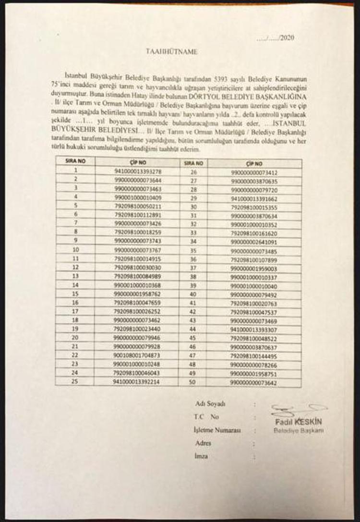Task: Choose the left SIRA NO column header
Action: [x=75, y=162]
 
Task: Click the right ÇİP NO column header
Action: [x=254, y=163]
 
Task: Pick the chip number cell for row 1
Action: [x=137, y=170]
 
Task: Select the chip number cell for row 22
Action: [x=137, y=356]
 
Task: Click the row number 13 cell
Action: [x=75, y=276]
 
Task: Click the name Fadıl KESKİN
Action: [x=299, y=422]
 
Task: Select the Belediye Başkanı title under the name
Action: [x=299, y=430]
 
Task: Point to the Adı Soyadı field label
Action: [x=210, y=403]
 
